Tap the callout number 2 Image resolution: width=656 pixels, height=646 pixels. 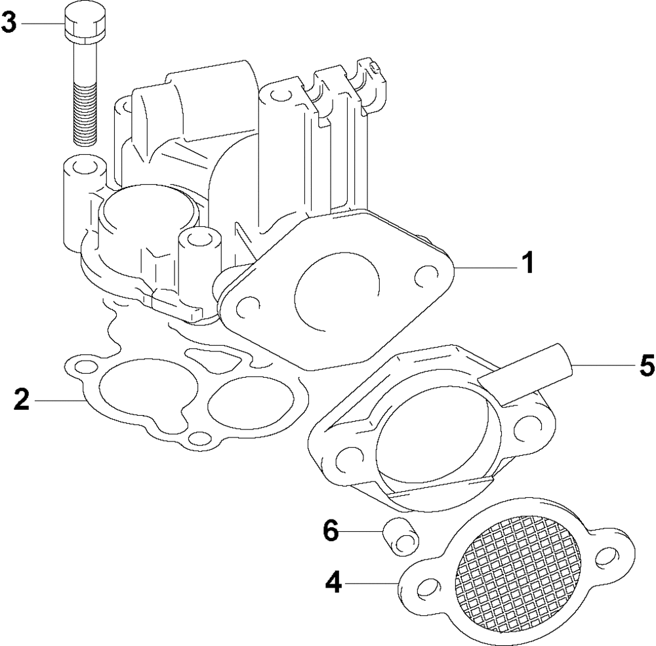click(x=22, y=399)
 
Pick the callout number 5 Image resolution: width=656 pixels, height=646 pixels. click(x=646, y=365)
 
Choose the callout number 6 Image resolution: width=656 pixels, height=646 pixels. click(x=331, y=531)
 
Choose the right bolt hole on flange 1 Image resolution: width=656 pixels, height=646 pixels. click(x=426, y=275)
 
